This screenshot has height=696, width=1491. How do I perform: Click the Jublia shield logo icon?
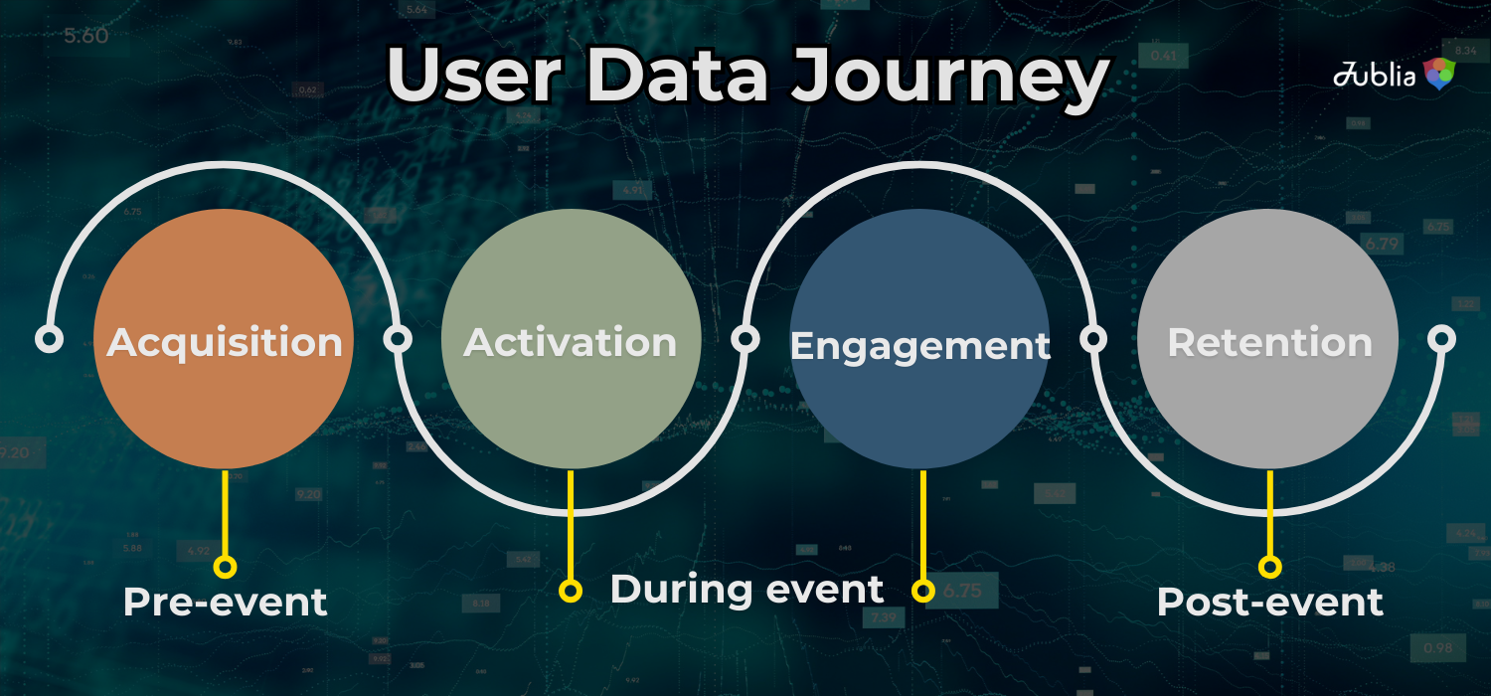[1439, 74]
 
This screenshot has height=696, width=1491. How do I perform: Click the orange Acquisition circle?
[224, 339]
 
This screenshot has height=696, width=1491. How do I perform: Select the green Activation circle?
[571, 339]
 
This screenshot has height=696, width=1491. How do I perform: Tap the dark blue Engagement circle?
[919, 339]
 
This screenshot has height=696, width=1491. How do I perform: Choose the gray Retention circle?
[1268, 339]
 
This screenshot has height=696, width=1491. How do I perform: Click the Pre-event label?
[225, 602]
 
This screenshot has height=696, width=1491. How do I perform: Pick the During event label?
[746, 589]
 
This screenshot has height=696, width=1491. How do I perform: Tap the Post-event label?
[1269, 602]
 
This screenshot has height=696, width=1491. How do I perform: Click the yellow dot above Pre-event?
[225, 567]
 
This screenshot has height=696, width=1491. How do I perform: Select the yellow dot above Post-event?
[1269, 567]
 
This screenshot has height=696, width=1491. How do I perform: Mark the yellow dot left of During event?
[570, 591]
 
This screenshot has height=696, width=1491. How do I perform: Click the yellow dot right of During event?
[923, 591]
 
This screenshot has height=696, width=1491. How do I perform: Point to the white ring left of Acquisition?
[49, 339]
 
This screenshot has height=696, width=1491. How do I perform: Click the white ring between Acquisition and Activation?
[398, 339]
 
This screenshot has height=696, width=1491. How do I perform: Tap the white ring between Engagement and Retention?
[1093, 339]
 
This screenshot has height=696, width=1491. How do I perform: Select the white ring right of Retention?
[1441, 339]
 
